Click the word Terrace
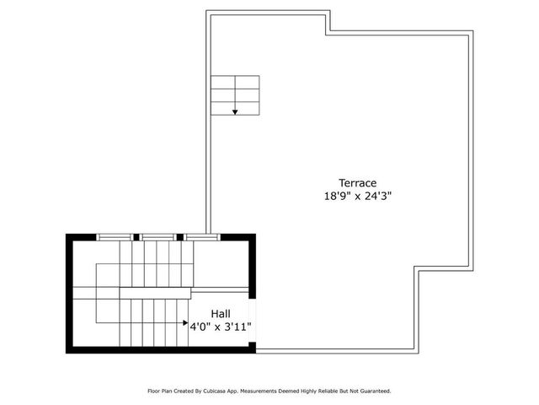[357, 182]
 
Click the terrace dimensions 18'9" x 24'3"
[357, 195]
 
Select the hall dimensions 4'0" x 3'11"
[221, 325]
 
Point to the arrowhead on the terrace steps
[235, 111]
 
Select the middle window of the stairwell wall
[157, 237]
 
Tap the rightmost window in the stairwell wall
[202, 237]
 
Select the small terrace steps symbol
[235, 94]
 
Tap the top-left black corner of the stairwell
[71, 237]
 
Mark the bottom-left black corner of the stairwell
[71, 348]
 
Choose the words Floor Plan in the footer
[161, 391]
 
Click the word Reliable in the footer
[335, 391]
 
